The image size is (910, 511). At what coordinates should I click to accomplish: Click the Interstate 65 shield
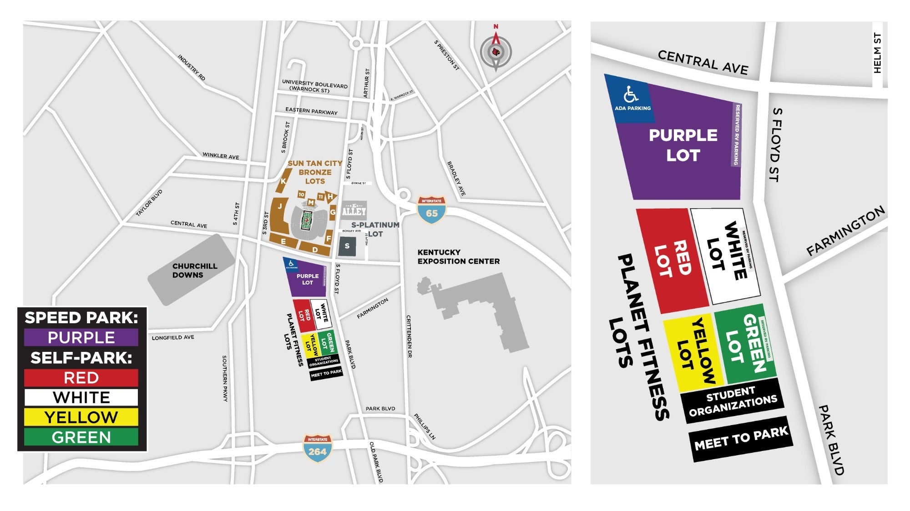(431, 210)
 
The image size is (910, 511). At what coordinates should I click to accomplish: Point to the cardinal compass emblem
(496, 52)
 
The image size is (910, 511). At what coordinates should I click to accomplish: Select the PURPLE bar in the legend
(81, 338)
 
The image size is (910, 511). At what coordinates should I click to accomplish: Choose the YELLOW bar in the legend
(81, 417)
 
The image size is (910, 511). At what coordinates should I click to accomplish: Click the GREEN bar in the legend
(81, 437)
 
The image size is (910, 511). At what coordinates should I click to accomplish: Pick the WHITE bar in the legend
(81, 397)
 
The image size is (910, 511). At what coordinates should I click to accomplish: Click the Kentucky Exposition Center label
(458, 257)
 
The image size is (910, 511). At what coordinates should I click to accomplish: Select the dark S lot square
(347, 246)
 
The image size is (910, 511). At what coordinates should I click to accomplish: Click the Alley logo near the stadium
(354, 210)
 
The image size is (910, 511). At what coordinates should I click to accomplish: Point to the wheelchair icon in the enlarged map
(631, 95)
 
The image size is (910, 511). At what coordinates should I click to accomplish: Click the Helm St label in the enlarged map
(878, 53)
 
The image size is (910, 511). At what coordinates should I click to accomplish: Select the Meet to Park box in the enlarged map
(741, 439)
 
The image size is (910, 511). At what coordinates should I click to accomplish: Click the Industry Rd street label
(191, 68)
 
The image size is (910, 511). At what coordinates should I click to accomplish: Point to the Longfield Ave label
(173, 338)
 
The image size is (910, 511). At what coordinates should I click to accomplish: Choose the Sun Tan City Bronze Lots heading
(315, 172)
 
